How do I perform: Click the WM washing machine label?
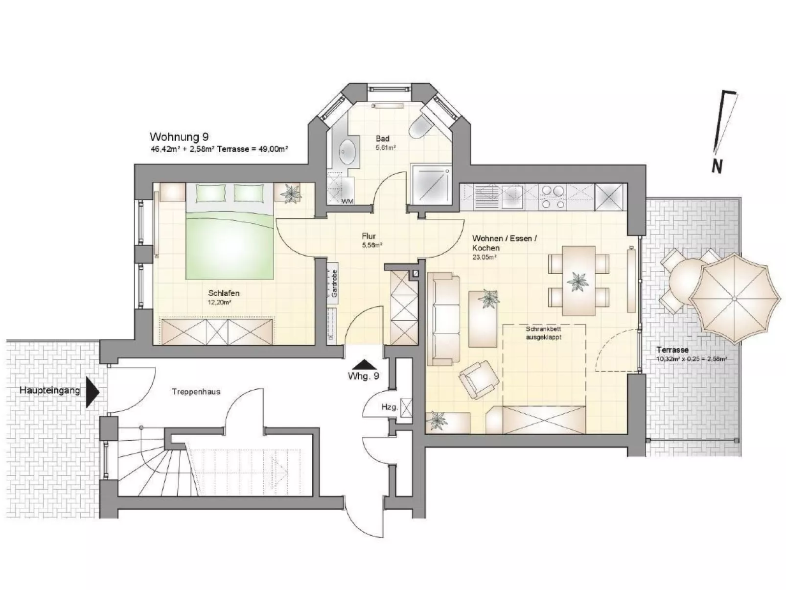click(347, 201)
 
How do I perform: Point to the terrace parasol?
click(735, 298)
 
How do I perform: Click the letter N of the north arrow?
click(717, 166)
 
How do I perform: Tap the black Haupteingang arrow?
click(93, 393)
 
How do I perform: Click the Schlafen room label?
click(224, 293)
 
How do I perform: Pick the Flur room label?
click(369, 236)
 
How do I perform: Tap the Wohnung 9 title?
click(179, 137)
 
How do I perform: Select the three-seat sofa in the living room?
click(443, 319)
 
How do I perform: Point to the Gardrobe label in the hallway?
click(334, 283)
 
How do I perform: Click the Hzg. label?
click(389, 407)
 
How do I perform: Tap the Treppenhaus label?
click(196, 392)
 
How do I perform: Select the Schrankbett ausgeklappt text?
click(543, 333)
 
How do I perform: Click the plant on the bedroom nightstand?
click(290, 194)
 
